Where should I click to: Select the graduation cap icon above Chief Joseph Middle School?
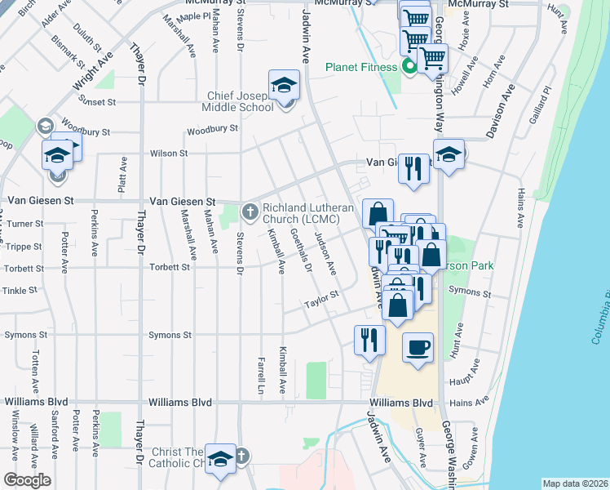(285, 84)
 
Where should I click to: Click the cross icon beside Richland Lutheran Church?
(250, 212)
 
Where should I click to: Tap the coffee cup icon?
(418, 348)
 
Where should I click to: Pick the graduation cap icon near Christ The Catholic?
(220, 458)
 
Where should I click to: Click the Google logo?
(26, 480)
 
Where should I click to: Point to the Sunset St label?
(99, 102)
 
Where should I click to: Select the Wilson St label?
(169, 153)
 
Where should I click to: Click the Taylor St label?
(321, 301)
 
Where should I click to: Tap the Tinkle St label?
(20, 290)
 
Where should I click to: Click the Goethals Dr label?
(301, 250)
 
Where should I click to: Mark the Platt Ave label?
(122, 174)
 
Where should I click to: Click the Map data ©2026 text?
(574, 483)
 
